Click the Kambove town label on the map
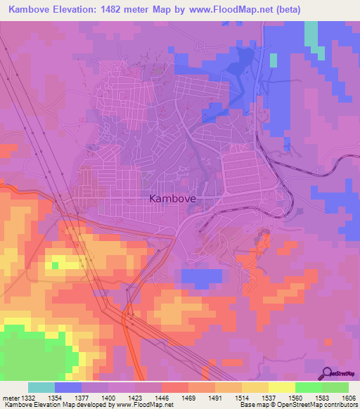click(172, 199)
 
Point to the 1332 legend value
click(28, 398)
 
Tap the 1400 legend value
click(108, 398)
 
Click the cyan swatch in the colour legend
click(41, 387)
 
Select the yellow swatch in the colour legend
click(281, 387)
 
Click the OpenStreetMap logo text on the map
click(345, 374)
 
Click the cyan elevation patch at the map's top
click(311, 34)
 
